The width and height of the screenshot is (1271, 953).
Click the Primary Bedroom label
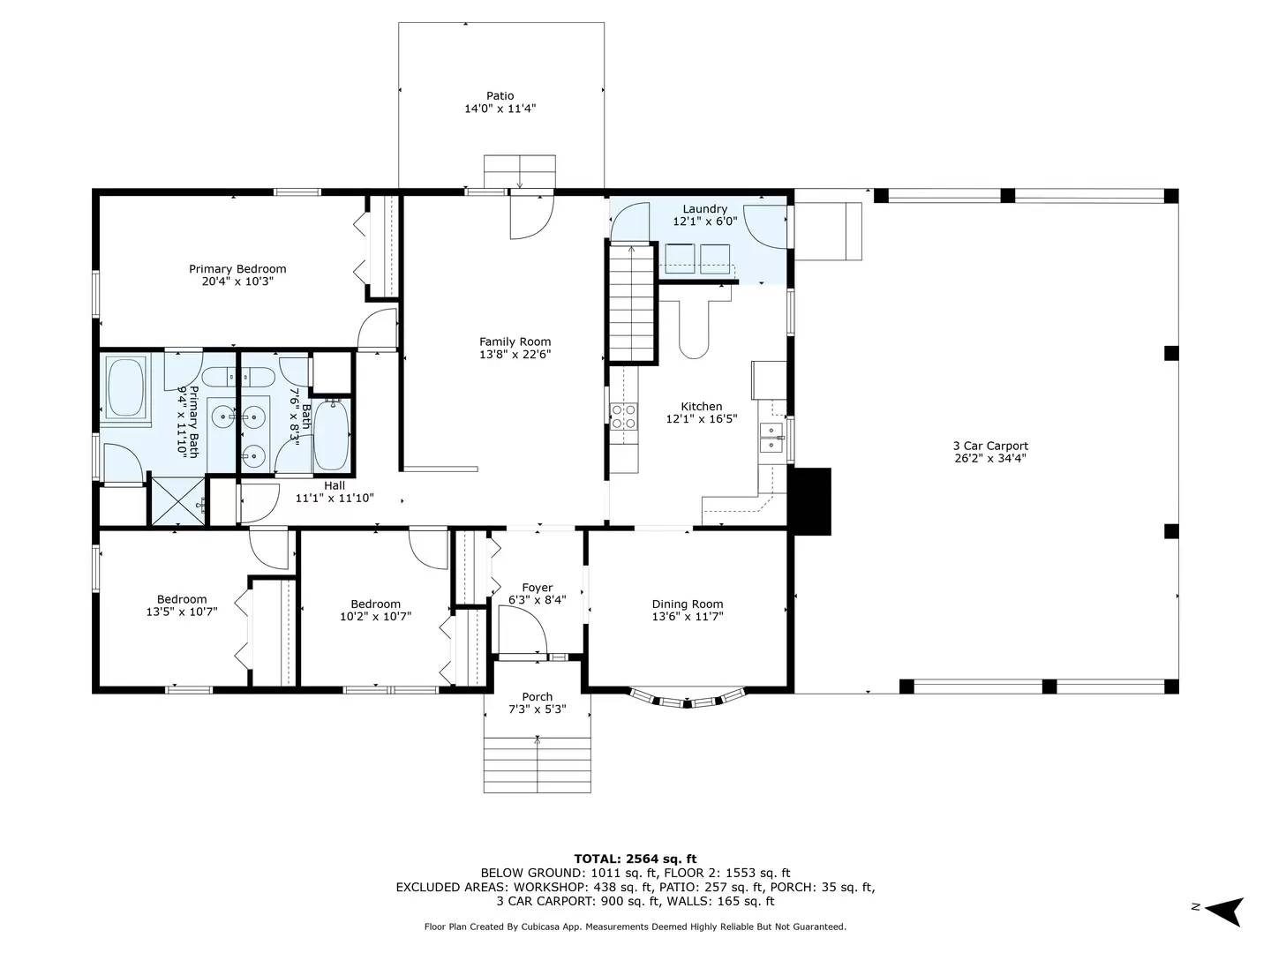(237, 269)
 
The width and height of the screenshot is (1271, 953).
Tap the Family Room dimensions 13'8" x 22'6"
(515, 355)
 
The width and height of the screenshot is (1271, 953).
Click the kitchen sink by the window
(772, 438)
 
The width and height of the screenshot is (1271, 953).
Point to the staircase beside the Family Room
(631, 304)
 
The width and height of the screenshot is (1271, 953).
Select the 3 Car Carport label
(990, 446)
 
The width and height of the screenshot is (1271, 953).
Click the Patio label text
(500, 96)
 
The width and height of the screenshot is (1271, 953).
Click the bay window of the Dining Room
(686, 701)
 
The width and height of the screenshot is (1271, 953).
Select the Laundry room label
(704, 209)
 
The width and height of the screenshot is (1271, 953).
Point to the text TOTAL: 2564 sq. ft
(635, 859)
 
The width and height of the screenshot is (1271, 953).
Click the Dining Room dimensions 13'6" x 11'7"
(688, 617)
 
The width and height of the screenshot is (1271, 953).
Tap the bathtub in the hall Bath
(332, 435)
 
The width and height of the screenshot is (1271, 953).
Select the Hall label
(335, 485)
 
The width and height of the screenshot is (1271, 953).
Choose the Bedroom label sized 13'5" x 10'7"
(182, 599)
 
